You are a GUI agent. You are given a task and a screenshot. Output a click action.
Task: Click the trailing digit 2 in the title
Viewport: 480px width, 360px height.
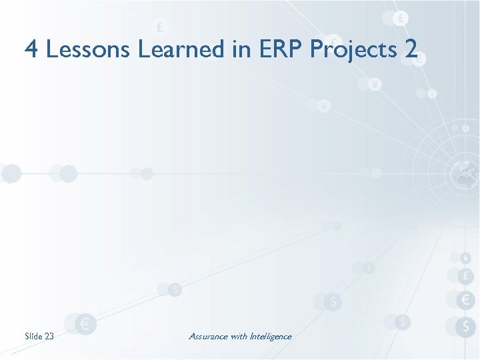point(411,49)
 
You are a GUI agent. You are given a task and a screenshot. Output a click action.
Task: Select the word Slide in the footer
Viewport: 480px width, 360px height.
point(33,336)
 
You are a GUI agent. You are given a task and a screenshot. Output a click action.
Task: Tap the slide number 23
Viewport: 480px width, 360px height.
point(49,336)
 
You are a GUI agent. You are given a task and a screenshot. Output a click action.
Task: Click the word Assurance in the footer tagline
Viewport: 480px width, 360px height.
point(208,336)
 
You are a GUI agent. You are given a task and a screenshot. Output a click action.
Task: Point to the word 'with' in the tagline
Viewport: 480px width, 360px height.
point(239,336)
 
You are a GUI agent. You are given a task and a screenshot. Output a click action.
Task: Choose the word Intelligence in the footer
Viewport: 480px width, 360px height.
point(271,336)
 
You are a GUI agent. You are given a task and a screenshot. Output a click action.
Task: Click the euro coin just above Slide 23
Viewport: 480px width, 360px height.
point(85,324)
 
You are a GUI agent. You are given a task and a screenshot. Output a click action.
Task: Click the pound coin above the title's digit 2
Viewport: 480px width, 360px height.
point(400,19)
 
